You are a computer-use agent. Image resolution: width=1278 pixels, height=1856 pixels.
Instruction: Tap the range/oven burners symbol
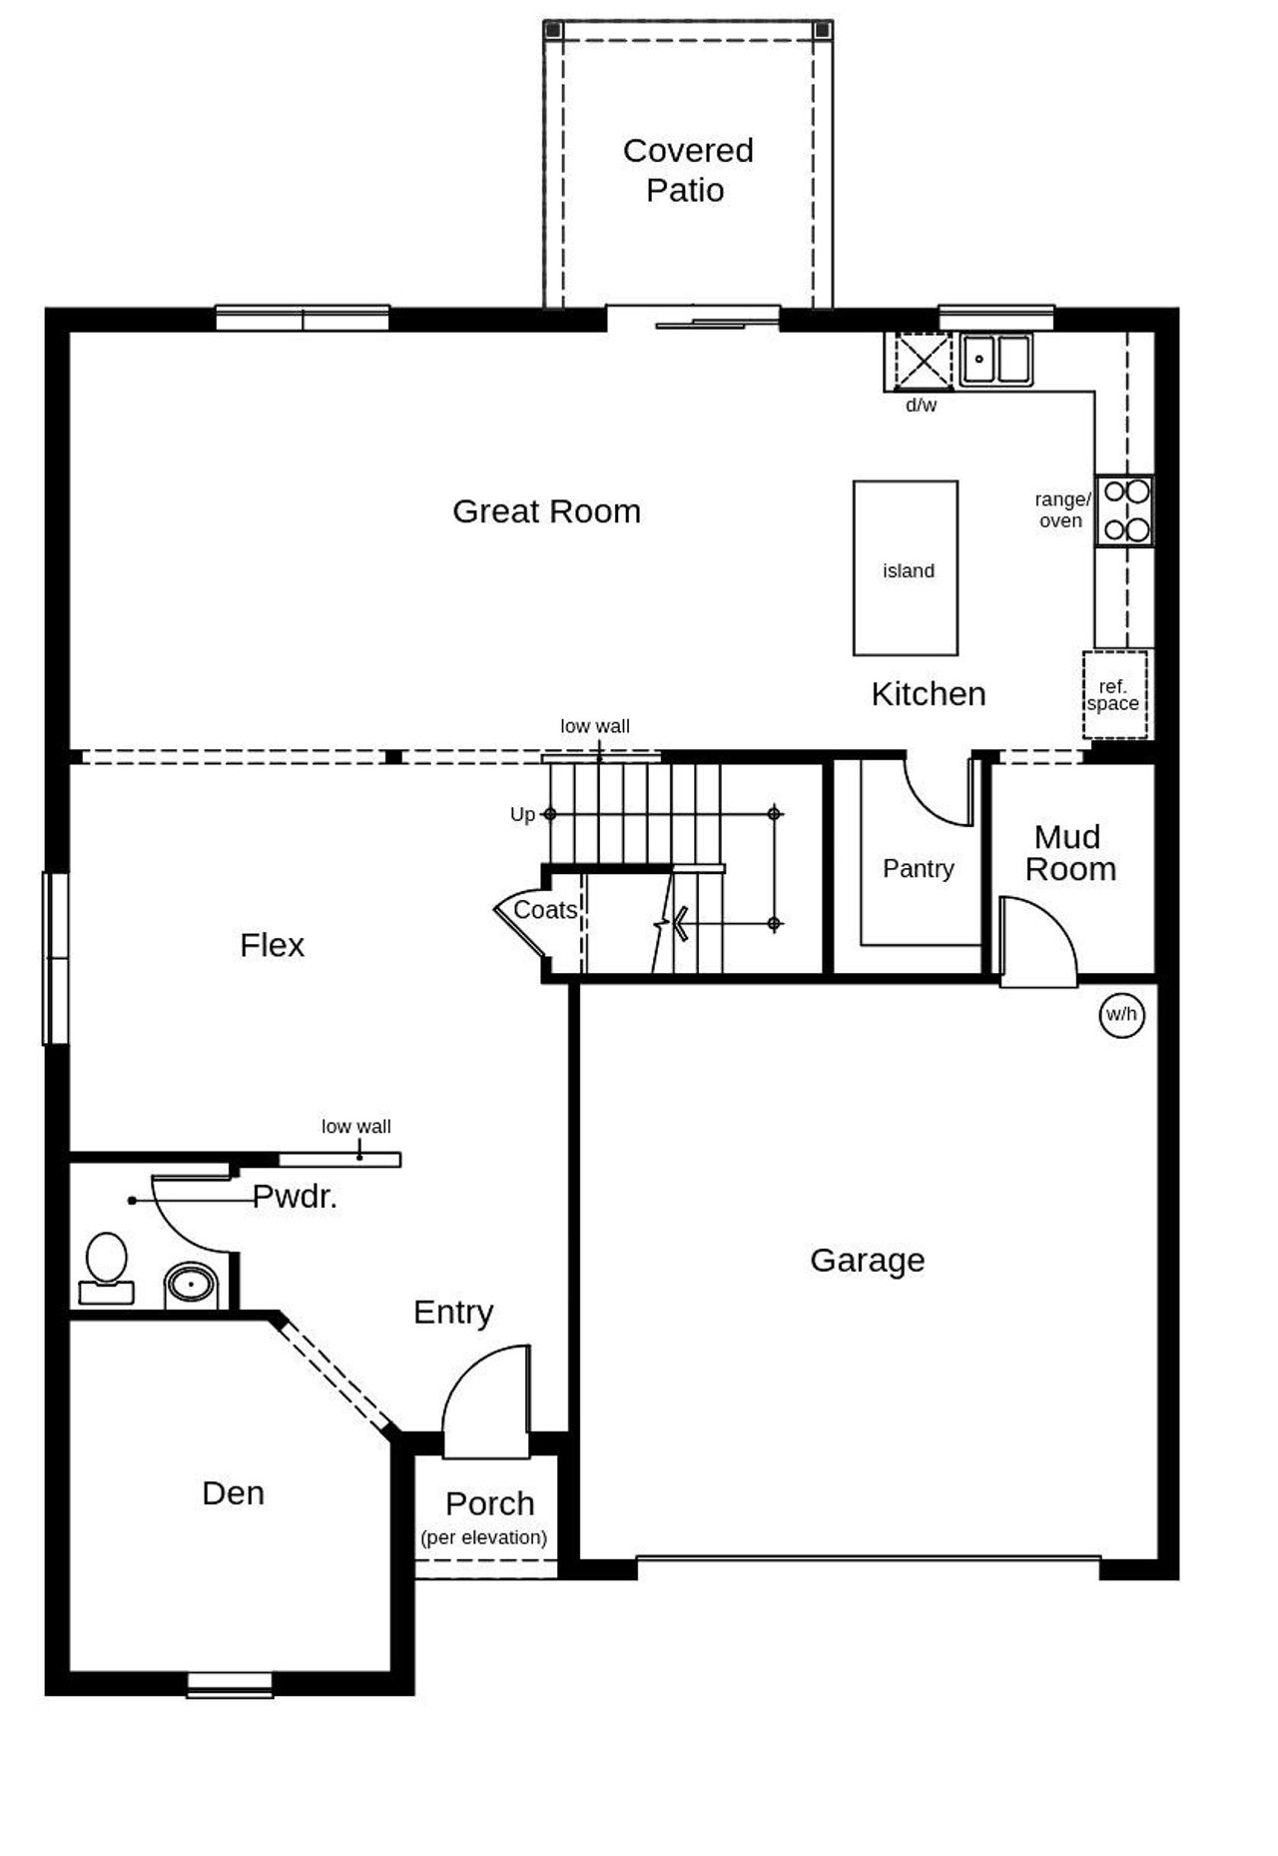coord(1125,510)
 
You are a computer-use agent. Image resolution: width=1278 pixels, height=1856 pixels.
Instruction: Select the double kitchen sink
coord(995,360)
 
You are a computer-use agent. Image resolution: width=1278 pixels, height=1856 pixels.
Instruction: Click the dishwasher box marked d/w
coord(922,361)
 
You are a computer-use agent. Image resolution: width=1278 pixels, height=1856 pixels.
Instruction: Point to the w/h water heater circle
coord(1120,1015)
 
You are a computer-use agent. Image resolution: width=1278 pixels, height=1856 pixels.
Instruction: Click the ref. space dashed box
coord(1114,695)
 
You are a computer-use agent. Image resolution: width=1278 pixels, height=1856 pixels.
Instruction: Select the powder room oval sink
coord(190,1284)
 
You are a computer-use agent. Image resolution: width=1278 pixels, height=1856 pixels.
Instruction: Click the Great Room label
coord(546,511)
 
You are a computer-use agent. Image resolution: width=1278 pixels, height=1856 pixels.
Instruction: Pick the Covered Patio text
coord(687,170)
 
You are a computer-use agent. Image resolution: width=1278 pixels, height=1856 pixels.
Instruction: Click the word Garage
coord(867,1261)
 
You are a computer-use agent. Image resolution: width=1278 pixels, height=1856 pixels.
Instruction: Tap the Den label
coord(233,1493)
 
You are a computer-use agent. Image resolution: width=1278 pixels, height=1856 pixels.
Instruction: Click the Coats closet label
coord(544,910)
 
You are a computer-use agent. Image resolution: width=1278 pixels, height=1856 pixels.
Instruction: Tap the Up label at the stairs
coord(521,815)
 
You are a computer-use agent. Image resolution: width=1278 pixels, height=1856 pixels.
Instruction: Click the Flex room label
coord(272,945)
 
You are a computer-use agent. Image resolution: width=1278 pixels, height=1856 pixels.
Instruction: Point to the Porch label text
coord(489,1503)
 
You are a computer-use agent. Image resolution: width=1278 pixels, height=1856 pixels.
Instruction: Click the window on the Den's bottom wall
coord(230,1685)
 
